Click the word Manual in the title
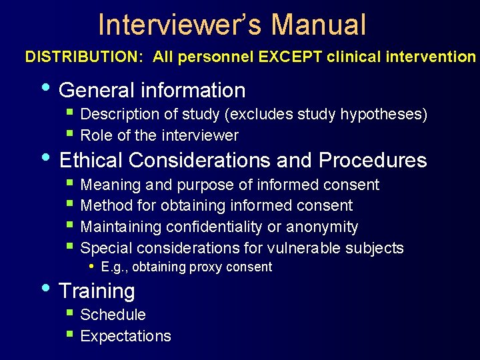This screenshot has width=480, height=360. (319, 25)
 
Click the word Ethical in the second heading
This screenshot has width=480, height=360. (91, 161)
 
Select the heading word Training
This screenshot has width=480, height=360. (97, 291)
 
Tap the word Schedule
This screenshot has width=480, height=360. (113, 315)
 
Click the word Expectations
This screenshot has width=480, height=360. (125, 336)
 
